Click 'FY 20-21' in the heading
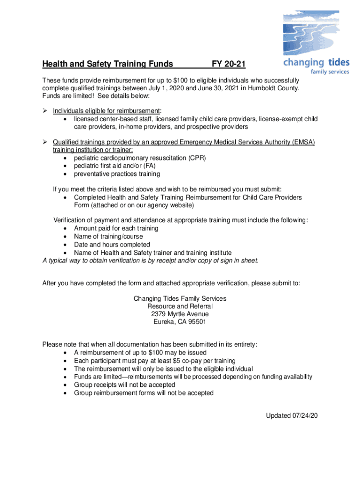[229, 64]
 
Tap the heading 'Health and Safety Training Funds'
[108, 64]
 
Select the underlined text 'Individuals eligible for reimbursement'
[106, 110]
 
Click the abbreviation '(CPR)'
[197, 158]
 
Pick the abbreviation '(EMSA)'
[300, 142]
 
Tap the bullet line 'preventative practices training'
[117, 174]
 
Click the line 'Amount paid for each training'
[116, 228]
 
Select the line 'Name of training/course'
[108, 237]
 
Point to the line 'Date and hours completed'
[112, 245]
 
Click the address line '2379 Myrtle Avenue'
[180, 314]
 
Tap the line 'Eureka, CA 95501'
[180, 322]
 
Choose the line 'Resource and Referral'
[180, 306]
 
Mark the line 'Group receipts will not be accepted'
[124, 385]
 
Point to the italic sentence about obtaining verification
[150, 261]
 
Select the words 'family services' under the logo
[330, 72]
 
